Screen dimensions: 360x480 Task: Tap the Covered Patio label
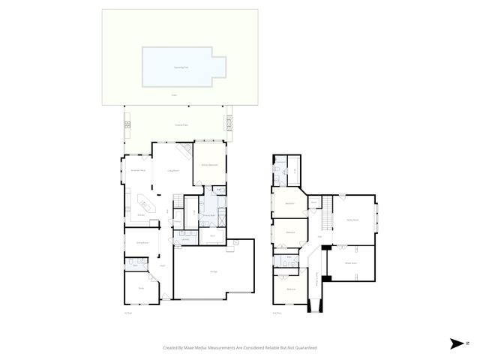point(180,124)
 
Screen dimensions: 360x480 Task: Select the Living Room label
point(172,171)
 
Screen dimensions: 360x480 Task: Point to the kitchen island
point(143,202)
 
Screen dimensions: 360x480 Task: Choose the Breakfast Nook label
point(137,171)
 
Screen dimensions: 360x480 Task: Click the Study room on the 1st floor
point(140,288)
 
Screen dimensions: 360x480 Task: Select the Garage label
point(214,271)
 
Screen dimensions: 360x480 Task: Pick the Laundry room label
point(184,239)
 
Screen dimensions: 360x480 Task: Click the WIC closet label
point(212,236)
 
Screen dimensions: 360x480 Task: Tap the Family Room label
point(352,220)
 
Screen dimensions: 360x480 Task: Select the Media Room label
point(350,263)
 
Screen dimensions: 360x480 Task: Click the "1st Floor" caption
point(127,313)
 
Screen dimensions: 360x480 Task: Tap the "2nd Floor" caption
point(277,313)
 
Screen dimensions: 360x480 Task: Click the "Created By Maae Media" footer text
point(240,348)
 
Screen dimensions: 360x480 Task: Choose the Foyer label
point(162,265)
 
